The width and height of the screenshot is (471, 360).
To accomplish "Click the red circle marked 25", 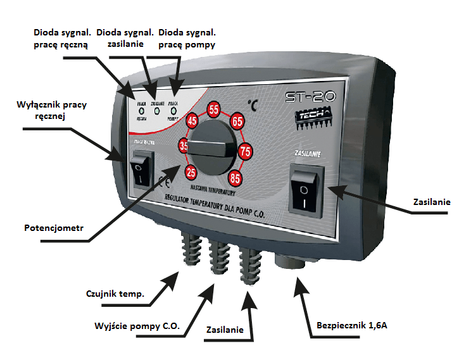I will tap(190, 171).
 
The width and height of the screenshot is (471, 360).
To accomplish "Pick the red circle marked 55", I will tap(214, 109).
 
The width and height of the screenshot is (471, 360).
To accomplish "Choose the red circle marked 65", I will tap(237, 121).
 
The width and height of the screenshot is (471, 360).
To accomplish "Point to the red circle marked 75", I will tap(246, 150).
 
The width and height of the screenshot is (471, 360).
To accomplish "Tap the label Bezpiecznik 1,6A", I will tap(352, 326).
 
